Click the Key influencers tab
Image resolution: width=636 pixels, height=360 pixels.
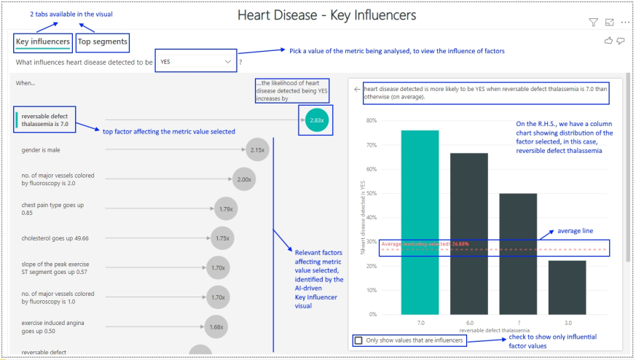43,42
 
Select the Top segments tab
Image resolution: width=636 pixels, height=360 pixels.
102,42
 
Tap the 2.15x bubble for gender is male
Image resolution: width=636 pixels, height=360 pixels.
256,149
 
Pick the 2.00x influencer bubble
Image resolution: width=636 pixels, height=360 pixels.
244,179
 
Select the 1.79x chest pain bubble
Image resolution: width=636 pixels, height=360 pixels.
226,209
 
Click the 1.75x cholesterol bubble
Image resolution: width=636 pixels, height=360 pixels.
222,238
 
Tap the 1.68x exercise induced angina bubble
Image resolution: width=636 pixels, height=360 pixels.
216,327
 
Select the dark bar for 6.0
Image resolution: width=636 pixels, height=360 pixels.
468,233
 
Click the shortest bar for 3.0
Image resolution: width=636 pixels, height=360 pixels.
567,287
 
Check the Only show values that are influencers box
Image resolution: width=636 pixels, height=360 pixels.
358,340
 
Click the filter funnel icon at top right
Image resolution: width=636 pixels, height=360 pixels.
592,23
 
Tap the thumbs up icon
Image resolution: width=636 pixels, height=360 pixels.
608,41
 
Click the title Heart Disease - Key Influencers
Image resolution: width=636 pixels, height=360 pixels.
326,15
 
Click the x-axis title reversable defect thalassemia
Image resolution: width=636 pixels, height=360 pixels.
494,329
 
